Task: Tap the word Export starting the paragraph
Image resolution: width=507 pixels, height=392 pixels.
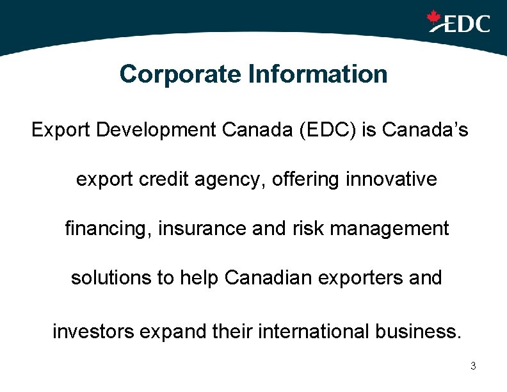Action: [61, 130]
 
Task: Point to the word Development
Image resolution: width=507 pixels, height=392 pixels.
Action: [159, 131]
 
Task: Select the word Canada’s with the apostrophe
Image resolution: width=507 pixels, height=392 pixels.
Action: [425, 130]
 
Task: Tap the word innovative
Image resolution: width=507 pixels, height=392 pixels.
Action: [390, 179]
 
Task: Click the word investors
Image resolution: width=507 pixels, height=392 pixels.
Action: [92, 332]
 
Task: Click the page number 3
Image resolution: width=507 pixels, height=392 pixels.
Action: [472, 366]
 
